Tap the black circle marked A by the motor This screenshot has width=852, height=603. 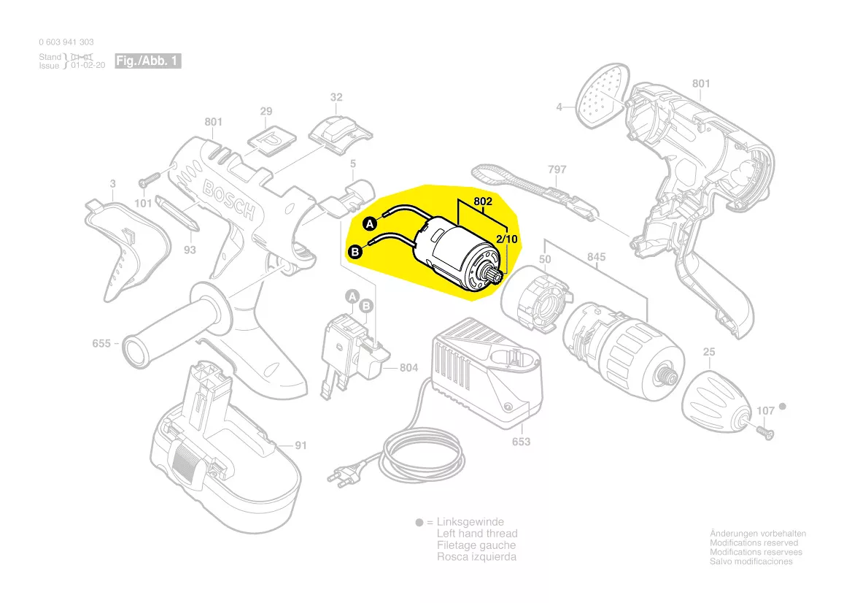(x=370, y=222)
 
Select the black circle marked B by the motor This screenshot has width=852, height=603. (x=356, y=253)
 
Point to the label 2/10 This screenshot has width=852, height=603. (x=507, y=239)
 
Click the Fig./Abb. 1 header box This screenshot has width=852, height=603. (x=148, y=61)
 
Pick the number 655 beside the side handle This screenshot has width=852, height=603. (x=101, y=342)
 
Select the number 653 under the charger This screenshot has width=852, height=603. (x=521, y=442)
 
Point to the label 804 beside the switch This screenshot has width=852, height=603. (x=408, y=368)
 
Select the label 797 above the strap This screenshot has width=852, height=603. (x=557, y=170)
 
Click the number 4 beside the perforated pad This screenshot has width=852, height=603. (x=559, y=107)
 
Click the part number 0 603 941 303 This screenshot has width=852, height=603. (x=66, y=42)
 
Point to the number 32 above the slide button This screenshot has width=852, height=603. (x=336, y=97)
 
